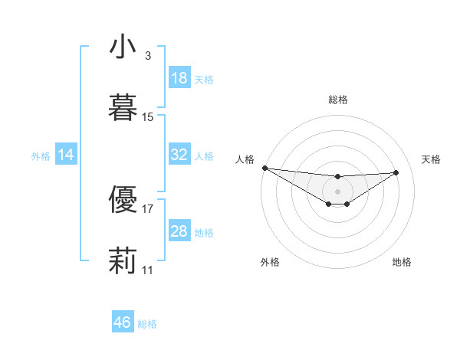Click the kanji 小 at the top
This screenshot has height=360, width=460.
click(123, 47)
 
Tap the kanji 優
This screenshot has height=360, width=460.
click(123, 198)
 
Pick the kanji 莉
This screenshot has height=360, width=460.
click(123, 259)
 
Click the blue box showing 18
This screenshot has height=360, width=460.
click(179, 78)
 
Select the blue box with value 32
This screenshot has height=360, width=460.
click(179, 155)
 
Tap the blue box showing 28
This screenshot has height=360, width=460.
click(179, 231)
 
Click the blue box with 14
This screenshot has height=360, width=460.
click(66, 155)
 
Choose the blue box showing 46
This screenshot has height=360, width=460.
click(123, 322)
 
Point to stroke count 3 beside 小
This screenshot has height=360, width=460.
click(147, 56)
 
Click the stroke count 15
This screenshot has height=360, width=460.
click(148, 117)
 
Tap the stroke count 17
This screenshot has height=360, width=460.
click(148, 208)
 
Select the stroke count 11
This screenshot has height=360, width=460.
click(148, 270)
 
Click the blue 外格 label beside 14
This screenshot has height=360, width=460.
click(41, 155)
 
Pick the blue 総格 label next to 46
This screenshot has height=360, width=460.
click(147, 323)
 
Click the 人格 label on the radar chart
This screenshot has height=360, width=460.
click(245, 159)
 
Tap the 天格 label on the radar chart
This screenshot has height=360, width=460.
click(431, 159)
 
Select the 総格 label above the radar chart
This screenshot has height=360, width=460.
click(338, 100)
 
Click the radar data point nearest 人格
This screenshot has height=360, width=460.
click(264, 168)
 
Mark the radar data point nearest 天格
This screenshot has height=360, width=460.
click(396, 172)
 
